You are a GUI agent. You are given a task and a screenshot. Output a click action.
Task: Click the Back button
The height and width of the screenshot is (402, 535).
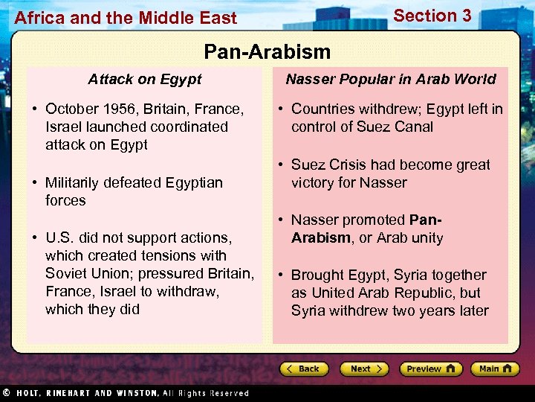click(x=303, y=368)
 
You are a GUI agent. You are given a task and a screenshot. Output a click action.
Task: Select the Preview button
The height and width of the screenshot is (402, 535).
click(x=430, y=368)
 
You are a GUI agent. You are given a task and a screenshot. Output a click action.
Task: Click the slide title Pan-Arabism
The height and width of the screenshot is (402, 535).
click(x=267, y=51)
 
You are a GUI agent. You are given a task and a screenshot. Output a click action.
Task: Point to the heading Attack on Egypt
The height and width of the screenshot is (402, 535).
click(x=145, y=79)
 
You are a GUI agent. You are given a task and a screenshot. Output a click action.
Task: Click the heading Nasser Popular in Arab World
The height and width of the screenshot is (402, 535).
click(x=391, y=79)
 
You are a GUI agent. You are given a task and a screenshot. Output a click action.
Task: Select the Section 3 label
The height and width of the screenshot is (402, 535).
click(x=432, y=16)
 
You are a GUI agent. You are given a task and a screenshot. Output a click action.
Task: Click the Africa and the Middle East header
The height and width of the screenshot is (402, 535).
click(x=126, y=18)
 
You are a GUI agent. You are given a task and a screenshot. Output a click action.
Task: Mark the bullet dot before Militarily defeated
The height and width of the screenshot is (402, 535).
click(x=34, y=182)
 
